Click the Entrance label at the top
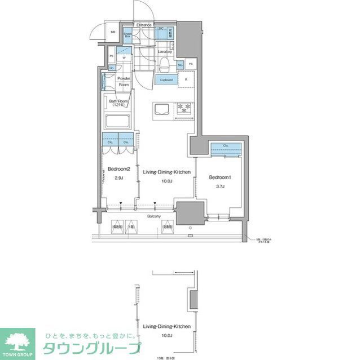pyautogui.click(x=145, y=25)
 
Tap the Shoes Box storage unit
pyautogui.click(x=127, y=34)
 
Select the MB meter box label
pyautogui.click(x=113, y=33)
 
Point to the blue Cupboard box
pyautogui.click(x=166, y=80)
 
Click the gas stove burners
pyautogui.click(x=185, y=108)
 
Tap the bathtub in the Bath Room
pyautogui.click(x=118, y=121)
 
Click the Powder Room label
pyautogui.click(x=124, y=82)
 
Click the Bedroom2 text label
pyautogui.click(x=119, y=169)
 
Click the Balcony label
pyautogui.click(x=154, y=216)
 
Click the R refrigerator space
pyautogui.click(x=186, y=80)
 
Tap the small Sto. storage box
pyautogui.click(x=180, y=65)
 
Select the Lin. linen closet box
pyautogui.click(x=112, y=68)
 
